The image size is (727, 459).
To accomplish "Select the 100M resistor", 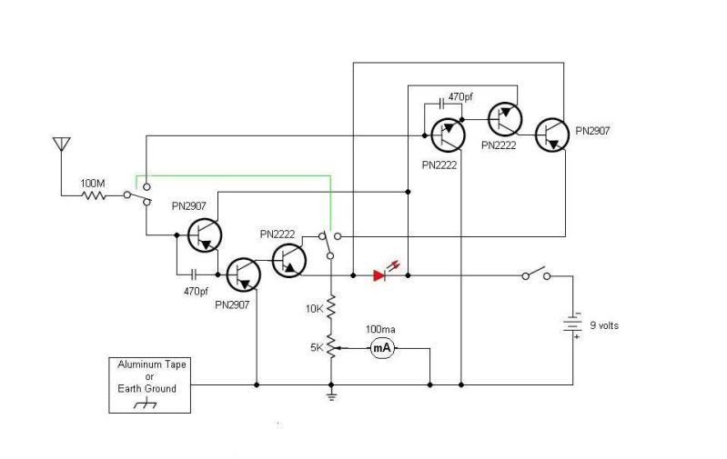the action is pyautogui.click(x=94, y=195).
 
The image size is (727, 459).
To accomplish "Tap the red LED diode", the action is pyautogui.click(x=379, y=276).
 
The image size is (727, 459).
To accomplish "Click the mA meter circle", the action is pyautogui.click(x=382, y=348).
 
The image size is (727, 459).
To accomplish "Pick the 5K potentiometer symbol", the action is pyautogui.click(x=332, y=346).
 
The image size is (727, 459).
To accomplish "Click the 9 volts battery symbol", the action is pyautogui.click(x=572, y=324).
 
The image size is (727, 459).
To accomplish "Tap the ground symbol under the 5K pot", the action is pyautogui.click(x=331, y=395).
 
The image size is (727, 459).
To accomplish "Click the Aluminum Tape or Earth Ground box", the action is pyautogui.click(x=150, y=384).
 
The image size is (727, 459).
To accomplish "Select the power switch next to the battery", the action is pyautogui.click(x=536, y=273).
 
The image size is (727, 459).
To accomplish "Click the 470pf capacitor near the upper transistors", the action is pyautogui.click(x=441, y=104).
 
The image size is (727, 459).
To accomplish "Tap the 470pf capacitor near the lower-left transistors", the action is pyautogui.click(x=195, y=275).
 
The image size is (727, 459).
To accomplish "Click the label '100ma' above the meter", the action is pyautogui.click(x=380, y=329).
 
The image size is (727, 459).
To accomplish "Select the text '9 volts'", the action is pyautogui.click(x=604, y=325).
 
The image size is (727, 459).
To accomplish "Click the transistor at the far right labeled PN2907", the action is pyautogui.click(x=552, y=135).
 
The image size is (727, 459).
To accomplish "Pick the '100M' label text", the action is pyautogui.click(x=93, y=184).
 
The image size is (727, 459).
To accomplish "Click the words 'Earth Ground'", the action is pyautogui.click(x=147, y=389).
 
